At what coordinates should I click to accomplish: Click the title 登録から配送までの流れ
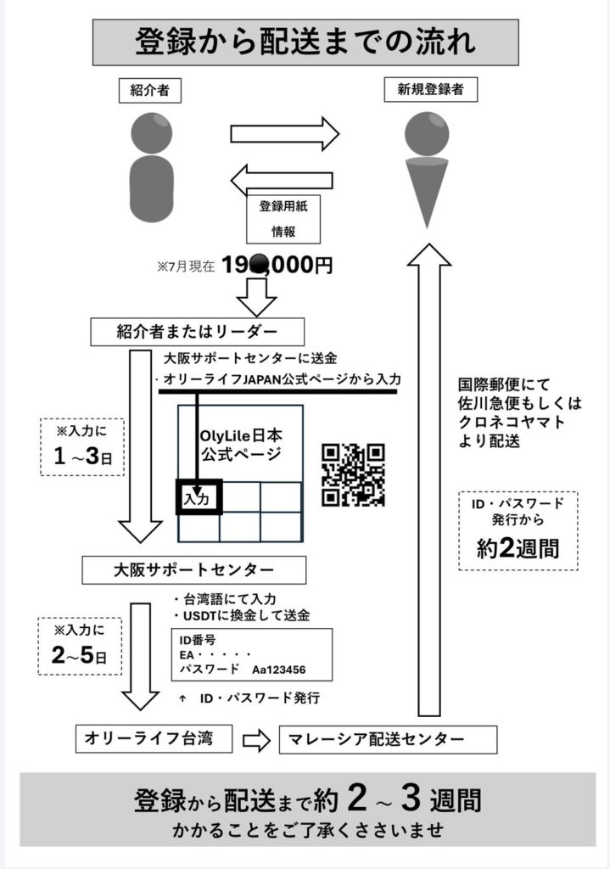pyautogui.click(x=305, y=42)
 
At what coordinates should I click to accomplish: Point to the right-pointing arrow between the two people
pyautogui.click(x=285, y=133)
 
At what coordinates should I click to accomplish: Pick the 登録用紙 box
pyautogui.click(x=283, y=206)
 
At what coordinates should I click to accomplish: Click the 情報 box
pyautogui.click(x=283, y=232)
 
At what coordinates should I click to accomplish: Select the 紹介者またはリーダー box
pyautogui.click(x=198, y=331)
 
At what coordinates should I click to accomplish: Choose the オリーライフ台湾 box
pyautogui.click(x=154, y=738)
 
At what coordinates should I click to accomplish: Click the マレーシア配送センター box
pyautogui.click(x=388, y=739)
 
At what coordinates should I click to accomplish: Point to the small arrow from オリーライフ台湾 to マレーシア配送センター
pyautogui.click(x=255, y=740)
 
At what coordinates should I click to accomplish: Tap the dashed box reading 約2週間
pyautogui.click(x=518, y=530)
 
